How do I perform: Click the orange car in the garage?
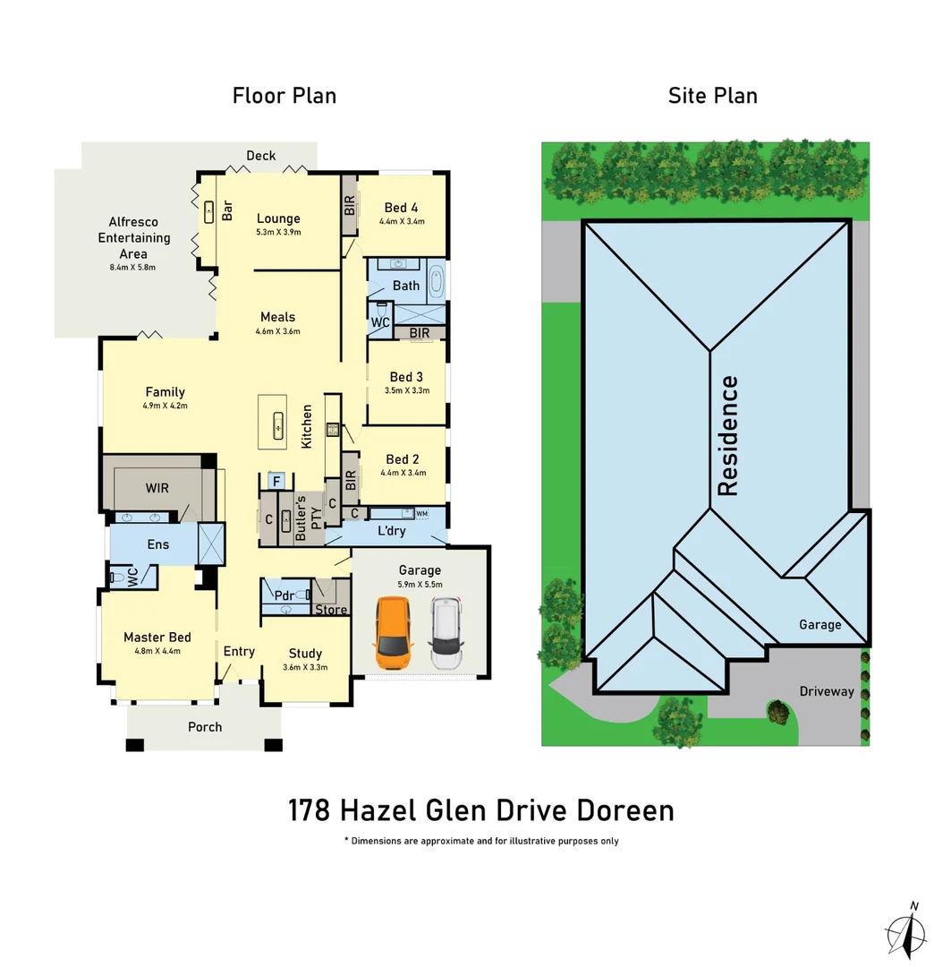tap(392, 633)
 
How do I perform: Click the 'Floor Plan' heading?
tap(284, 96)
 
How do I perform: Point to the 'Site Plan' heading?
tap(712, 96)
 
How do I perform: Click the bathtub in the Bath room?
tap(436, 281)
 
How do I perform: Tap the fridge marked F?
tap(276, 482)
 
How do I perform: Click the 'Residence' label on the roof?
tap(729, 436)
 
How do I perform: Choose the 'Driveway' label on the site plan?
tap(826, 691)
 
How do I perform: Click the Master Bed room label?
tap(157, 638)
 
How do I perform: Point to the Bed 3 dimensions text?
tap(407, 390)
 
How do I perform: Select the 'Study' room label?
tap(305, 653)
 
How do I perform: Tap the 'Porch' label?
tap(205, 726)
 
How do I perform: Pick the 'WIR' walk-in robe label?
tap(157, 488)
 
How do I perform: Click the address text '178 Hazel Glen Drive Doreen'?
tap(480, 810)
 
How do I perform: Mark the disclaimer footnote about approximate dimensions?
tap(480, 841)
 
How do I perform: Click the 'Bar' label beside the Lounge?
tap(227, 211)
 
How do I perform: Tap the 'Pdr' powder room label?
tap(284, 595)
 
